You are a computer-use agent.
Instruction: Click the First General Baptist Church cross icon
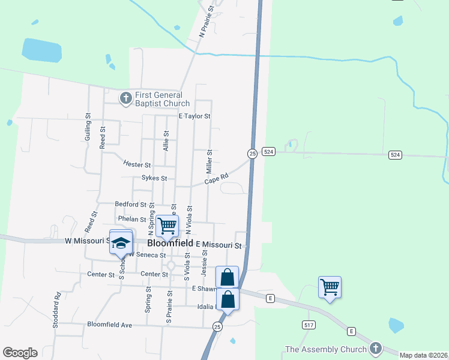tap(125, 98)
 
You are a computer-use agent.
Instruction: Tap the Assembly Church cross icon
tap(376, 349)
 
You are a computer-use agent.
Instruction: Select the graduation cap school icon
tap(121, 242)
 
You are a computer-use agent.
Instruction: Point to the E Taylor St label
tap(194, 116)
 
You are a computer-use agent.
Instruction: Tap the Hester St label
tap(137, 164)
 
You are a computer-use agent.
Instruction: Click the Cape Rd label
tap(216, 179)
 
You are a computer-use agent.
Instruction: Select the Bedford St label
tap(130, 205)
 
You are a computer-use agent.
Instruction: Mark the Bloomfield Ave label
tap(109, 325)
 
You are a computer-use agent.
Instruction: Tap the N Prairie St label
tap(207, 22)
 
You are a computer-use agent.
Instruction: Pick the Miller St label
tap(210, 160)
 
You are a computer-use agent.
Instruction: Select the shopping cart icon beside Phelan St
tap(167, 226)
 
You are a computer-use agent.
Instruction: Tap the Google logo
tap(20, 353)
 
